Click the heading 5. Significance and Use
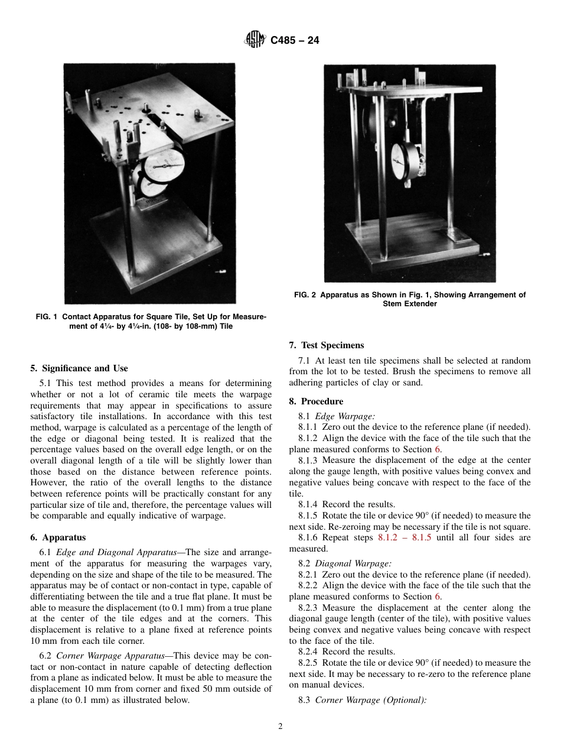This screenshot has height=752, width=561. click(x=79, y=368)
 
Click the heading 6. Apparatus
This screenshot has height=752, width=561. click(x=57, y=537)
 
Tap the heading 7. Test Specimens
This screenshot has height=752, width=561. click(x=327, y=345)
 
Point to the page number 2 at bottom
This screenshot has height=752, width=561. click(x=280, y=727)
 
